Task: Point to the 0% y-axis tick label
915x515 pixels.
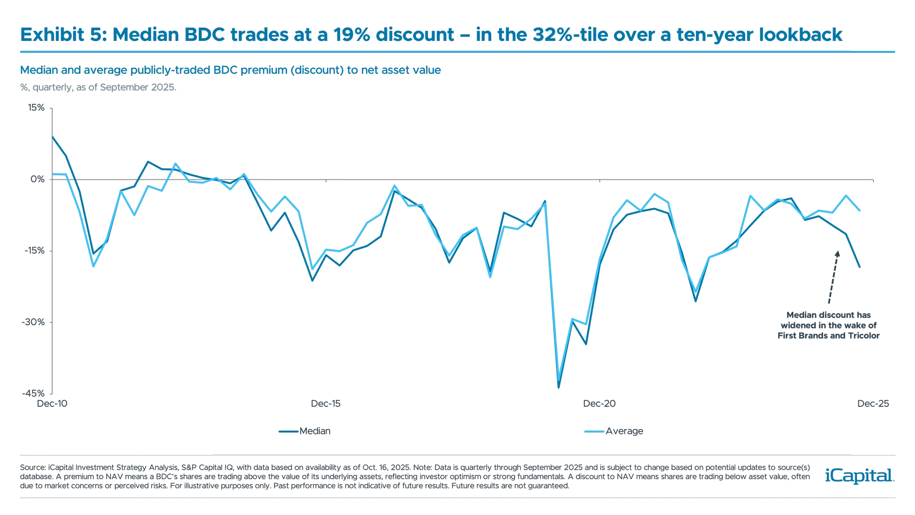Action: click(x=38, y=179)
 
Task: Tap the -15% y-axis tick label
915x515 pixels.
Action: click(x=35, y=251)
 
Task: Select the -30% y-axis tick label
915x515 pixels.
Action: click(x=34, y=322)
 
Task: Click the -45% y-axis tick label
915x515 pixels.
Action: click(x=34, y=394)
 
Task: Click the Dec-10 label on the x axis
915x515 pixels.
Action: click(x=52, y=404)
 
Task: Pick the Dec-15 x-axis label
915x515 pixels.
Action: click(x=326, y=404)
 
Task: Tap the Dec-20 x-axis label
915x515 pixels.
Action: click(x=600, y=404)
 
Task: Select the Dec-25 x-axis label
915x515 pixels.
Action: click(x=873, y=404)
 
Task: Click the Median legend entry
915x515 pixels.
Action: click(x=315, y=431)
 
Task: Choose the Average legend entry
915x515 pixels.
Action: click(x=624, y=431)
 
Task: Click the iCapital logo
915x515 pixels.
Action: click(x=858, y=476)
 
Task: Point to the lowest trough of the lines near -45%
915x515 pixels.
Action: click(x=559, y=386)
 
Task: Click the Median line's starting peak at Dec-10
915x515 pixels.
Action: click(x=52, y=137)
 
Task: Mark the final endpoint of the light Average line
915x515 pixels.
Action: click(x=860, y=209)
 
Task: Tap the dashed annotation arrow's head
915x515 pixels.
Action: click(x=837, y=253)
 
